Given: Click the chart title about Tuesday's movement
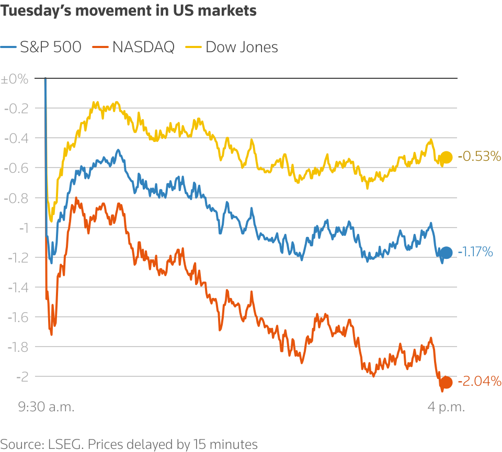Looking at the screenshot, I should click(129, 10).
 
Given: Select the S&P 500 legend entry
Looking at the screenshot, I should click(42, 47).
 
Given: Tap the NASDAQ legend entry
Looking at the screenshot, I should click(133, 47).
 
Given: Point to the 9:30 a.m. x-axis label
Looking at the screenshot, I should click(47, 407).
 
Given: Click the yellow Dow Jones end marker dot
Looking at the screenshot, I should click(446, 157).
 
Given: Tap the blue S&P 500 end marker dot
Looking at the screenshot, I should click(446, 253).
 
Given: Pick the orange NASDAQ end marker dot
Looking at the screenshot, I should click(446, 382).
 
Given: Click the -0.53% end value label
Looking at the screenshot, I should click(480, 156).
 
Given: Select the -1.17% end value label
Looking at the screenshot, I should click(475, 253).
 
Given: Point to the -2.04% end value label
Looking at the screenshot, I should click(480, 381).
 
